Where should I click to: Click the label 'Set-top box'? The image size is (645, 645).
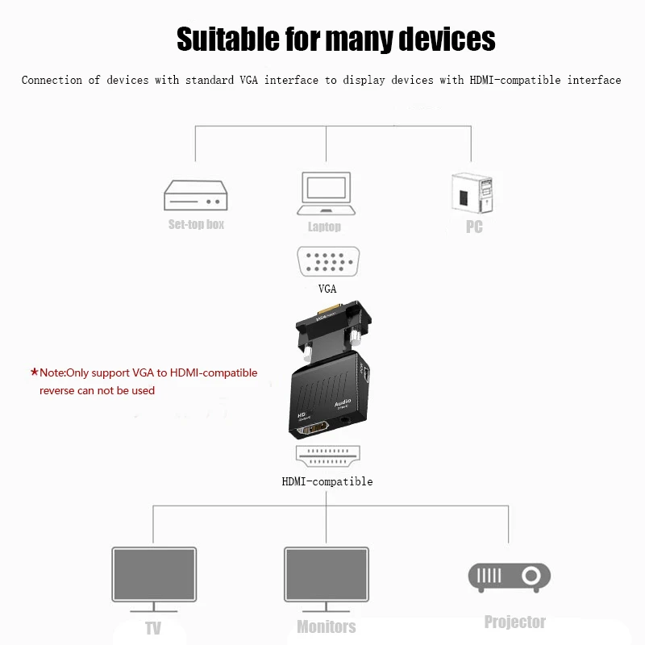(196, 224)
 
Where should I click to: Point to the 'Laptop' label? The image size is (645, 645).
(324, 227)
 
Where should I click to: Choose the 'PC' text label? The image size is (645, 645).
(474, 227)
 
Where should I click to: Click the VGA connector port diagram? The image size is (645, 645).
(326, 261)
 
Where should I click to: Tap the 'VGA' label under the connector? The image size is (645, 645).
(327, 288)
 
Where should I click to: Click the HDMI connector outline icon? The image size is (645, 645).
(326, 458)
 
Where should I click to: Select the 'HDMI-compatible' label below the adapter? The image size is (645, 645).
(327, 481)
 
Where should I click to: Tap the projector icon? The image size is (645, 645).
(509, 576)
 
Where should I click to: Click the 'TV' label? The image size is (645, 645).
(153, 628)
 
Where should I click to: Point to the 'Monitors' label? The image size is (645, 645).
(326, 626)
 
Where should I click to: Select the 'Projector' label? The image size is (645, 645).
(514, 622)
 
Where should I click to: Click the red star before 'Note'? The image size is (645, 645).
(34, 372)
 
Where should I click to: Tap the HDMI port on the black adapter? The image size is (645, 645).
(316, 431)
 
